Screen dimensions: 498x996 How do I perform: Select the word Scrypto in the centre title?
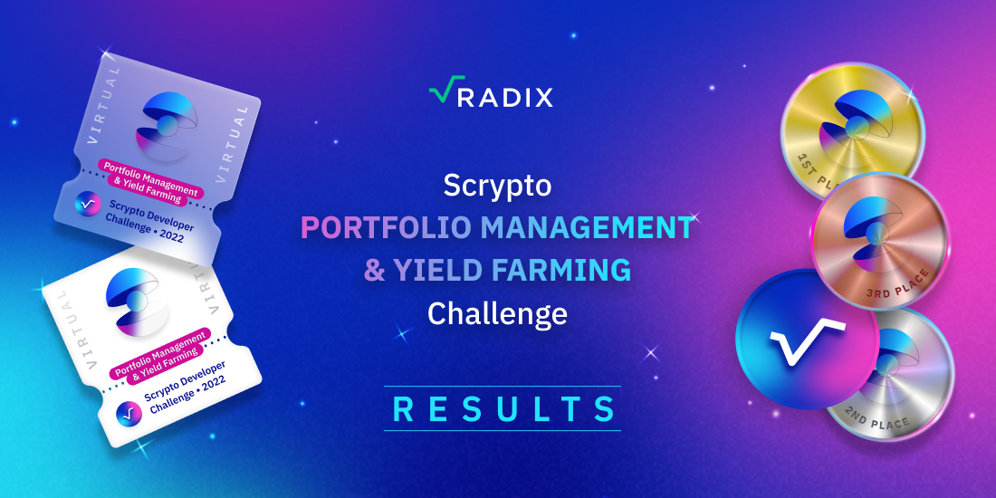497,187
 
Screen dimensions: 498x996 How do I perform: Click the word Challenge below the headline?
497,313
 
